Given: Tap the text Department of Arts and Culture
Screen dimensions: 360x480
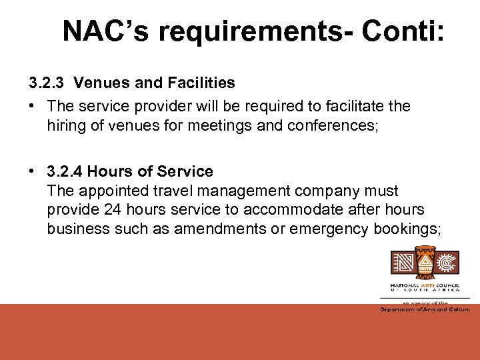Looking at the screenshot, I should [425, 309].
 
